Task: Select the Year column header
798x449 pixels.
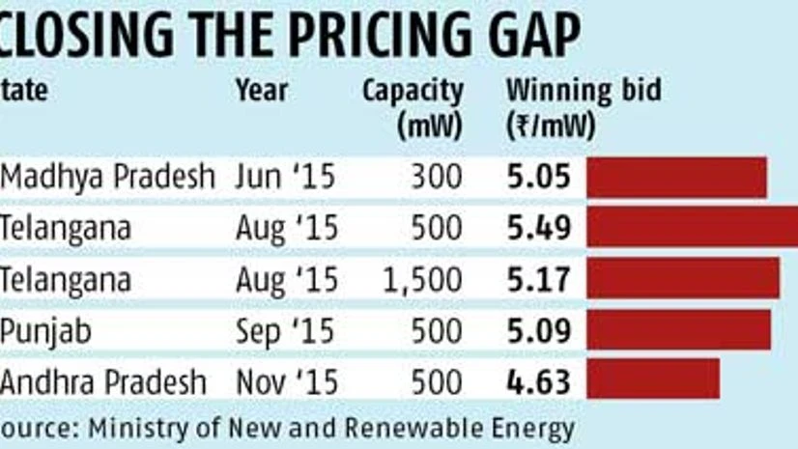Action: click(261, 91)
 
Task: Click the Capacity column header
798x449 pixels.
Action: click(413, 92)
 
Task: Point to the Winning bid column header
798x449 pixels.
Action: click(584, 91)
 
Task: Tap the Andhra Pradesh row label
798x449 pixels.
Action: click(103, 380)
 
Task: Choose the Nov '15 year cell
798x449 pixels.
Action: click(286, 380)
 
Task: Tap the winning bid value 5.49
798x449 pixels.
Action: click(539, 228)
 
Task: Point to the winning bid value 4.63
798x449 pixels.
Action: click(539, 380)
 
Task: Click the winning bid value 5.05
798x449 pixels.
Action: click(539, 178)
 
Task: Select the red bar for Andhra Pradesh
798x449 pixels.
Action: click(653, 379)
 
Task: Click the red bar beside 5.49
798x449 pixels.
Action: click(692, 227)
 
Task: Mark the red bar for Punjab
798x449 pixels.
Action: click(678, 328)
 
